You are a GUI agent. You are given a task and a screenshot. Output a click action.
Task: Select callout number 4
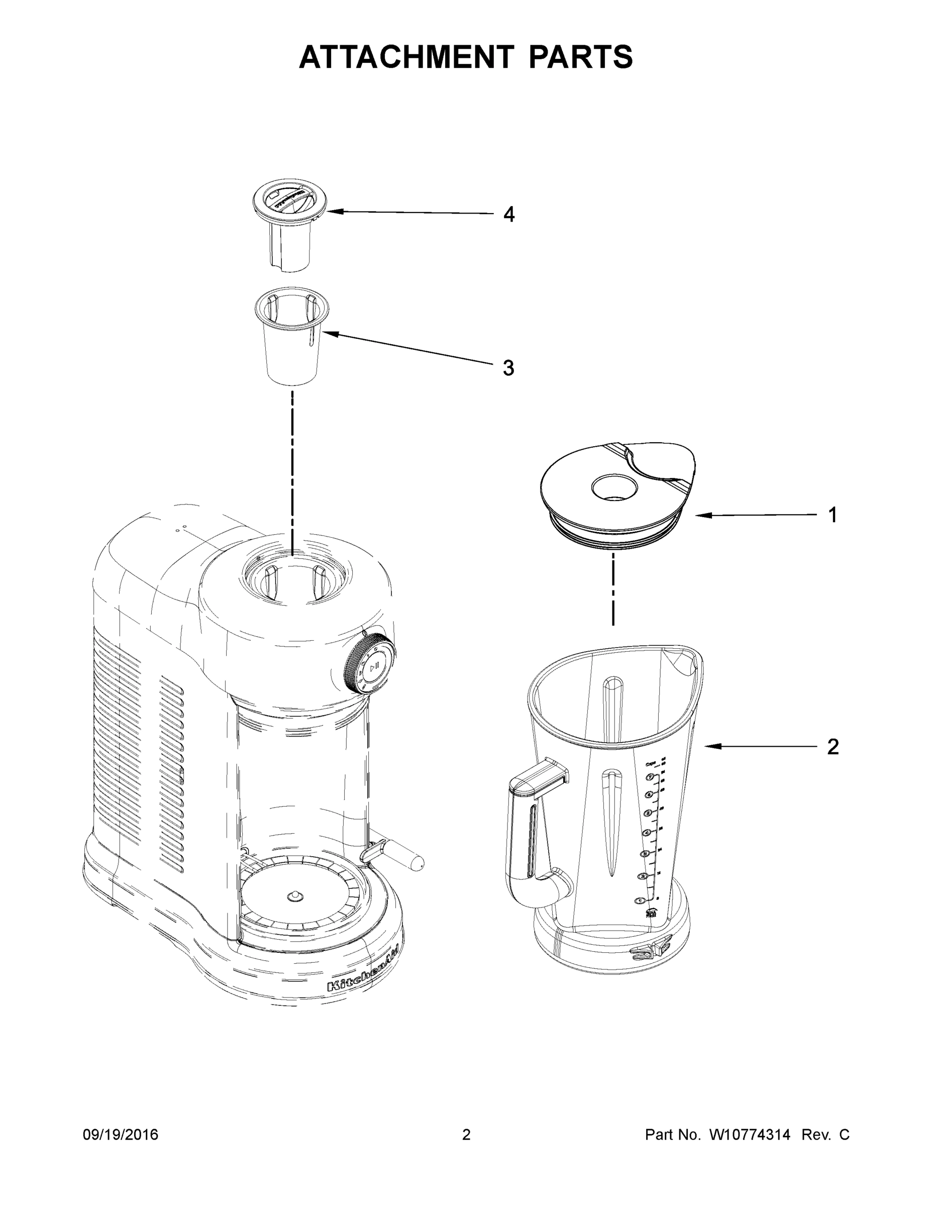tap(508, 214)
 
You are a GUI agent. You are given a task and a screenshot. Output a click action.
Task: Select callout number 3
tap(508, 368)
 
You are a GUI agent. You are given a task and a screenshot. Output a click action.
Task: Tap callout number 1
tap(833, 515)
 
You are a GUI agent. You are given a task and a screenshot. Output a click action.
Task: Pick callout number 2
tap(833, 747)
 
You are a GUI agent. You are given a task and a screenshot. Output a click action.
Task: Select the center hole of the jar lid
tap(614, 487)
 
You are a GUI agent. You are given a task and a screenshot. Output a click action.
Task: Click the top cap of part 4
tap(290, 199)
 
